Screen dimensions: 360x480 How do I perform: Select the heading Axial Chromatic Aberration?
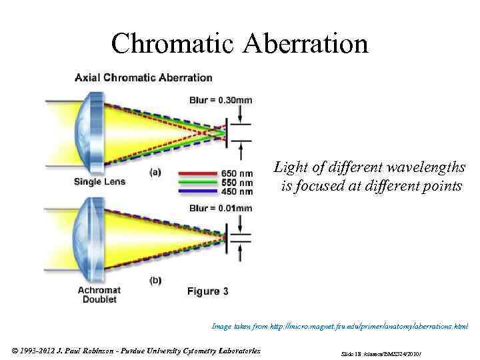click(143, 78)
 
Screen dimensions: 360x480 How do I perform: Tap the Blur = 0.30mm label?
click(221, 100)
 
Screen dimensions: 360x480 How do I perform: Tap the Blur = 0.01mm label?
click(221, 208)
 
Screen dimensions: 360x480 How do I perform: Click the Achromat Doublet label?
click(97, 295)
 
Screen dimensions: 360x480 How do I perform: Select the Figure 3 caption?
click(207, 291)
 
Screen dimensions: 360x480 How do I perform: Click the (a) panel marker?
click(155, 171)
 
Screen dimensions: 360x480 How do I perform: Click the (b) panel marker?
click(155, 281)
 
